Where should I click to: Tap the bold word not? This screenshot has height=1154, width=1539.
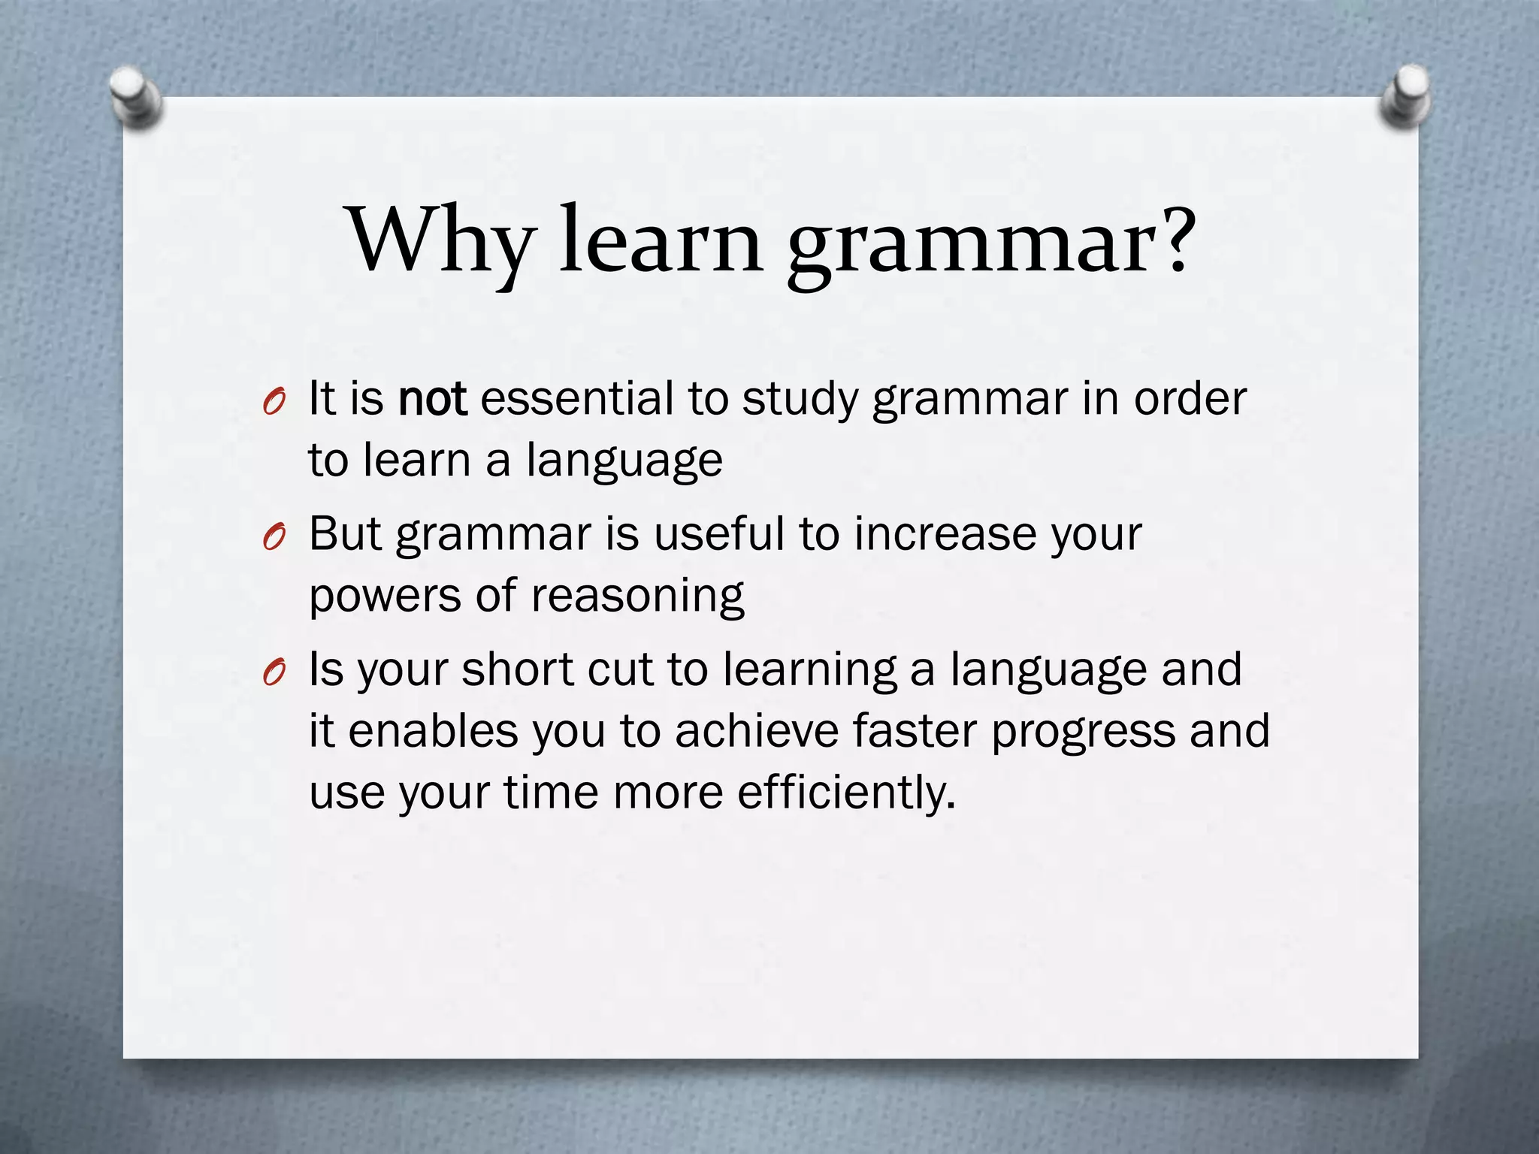pyautogui.click(x=433, y=399)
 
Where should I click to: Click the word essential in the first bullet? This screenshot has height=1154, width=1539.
pyautogui.click(x=576, y=398)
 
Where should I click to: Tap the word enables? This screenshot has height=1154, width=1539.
pyautogui.click(x=434, y=730)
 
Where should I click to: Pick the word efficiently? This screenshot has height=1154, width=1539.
pyautogui.click(x=846, y=793)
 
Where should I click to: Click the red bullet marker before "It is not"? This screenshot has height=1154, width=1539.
pyautogui.click(x=274, y=404)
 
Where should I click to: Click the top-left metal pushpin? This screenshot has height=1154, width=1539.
pyautogui.click(x=135, y=98)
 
